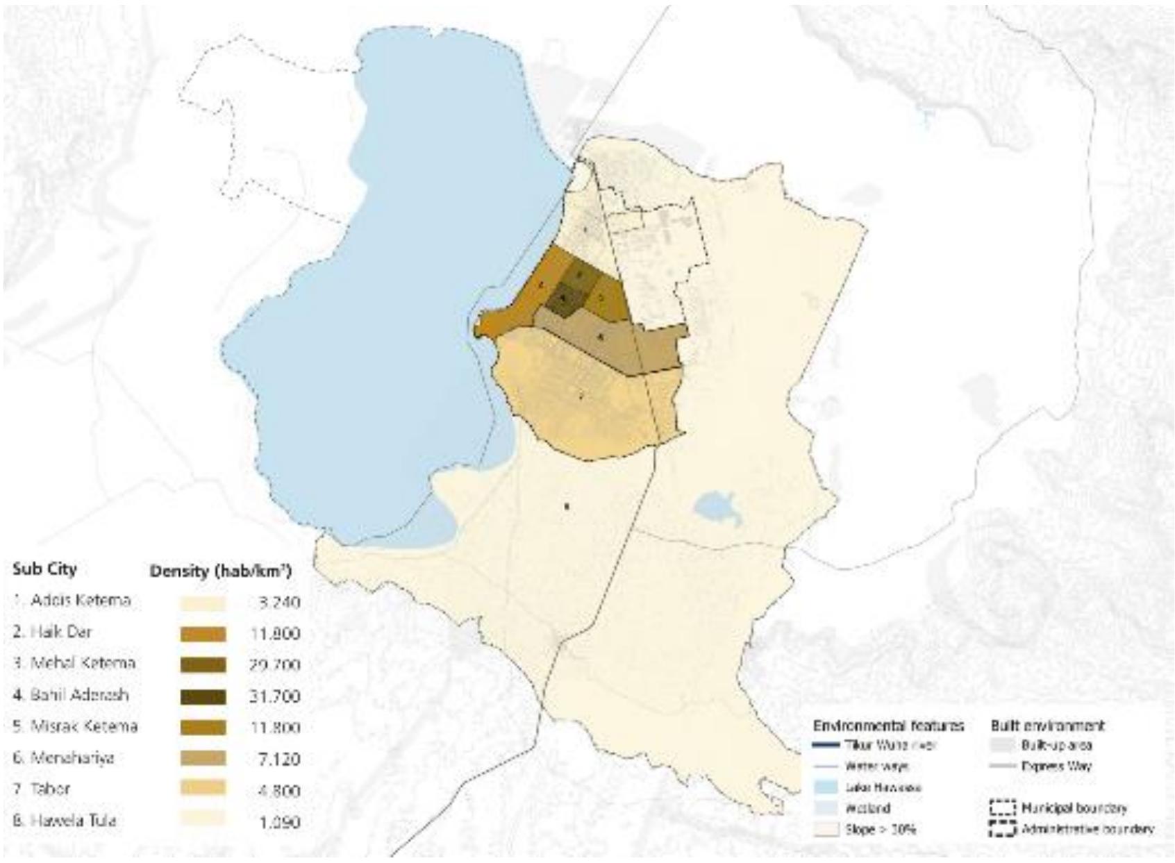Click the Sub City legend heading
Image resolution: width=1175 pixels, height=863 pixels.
44,569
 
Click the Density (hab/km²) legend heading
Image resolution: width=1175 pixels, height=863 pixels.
220,571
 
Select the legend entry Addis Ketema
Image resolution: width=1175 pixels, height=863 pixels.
72,601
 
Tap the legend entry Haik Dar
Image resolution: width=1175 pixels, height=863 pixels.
53,632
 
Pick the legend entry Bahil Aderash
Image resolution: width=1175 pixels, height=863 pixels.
72,695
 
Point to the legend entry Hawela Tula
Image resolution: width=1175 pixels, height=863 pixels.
65,821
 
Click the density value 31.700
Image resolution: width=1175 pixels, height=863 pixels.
274,696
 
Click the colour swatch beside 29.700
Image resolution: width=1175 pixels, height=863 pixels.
203,665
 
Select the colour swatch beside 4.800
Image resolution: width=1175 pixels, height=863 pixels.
203,788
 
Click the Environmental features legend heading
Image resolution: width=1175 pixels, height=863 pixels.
888,726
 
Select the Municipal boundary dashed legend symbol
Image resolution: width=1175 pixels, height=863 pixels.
1001,808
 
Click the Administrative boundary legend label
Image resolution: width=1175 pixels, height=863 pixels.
1087,829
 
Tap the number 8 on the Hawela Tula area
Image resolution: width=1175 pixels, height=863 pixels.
567,506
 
